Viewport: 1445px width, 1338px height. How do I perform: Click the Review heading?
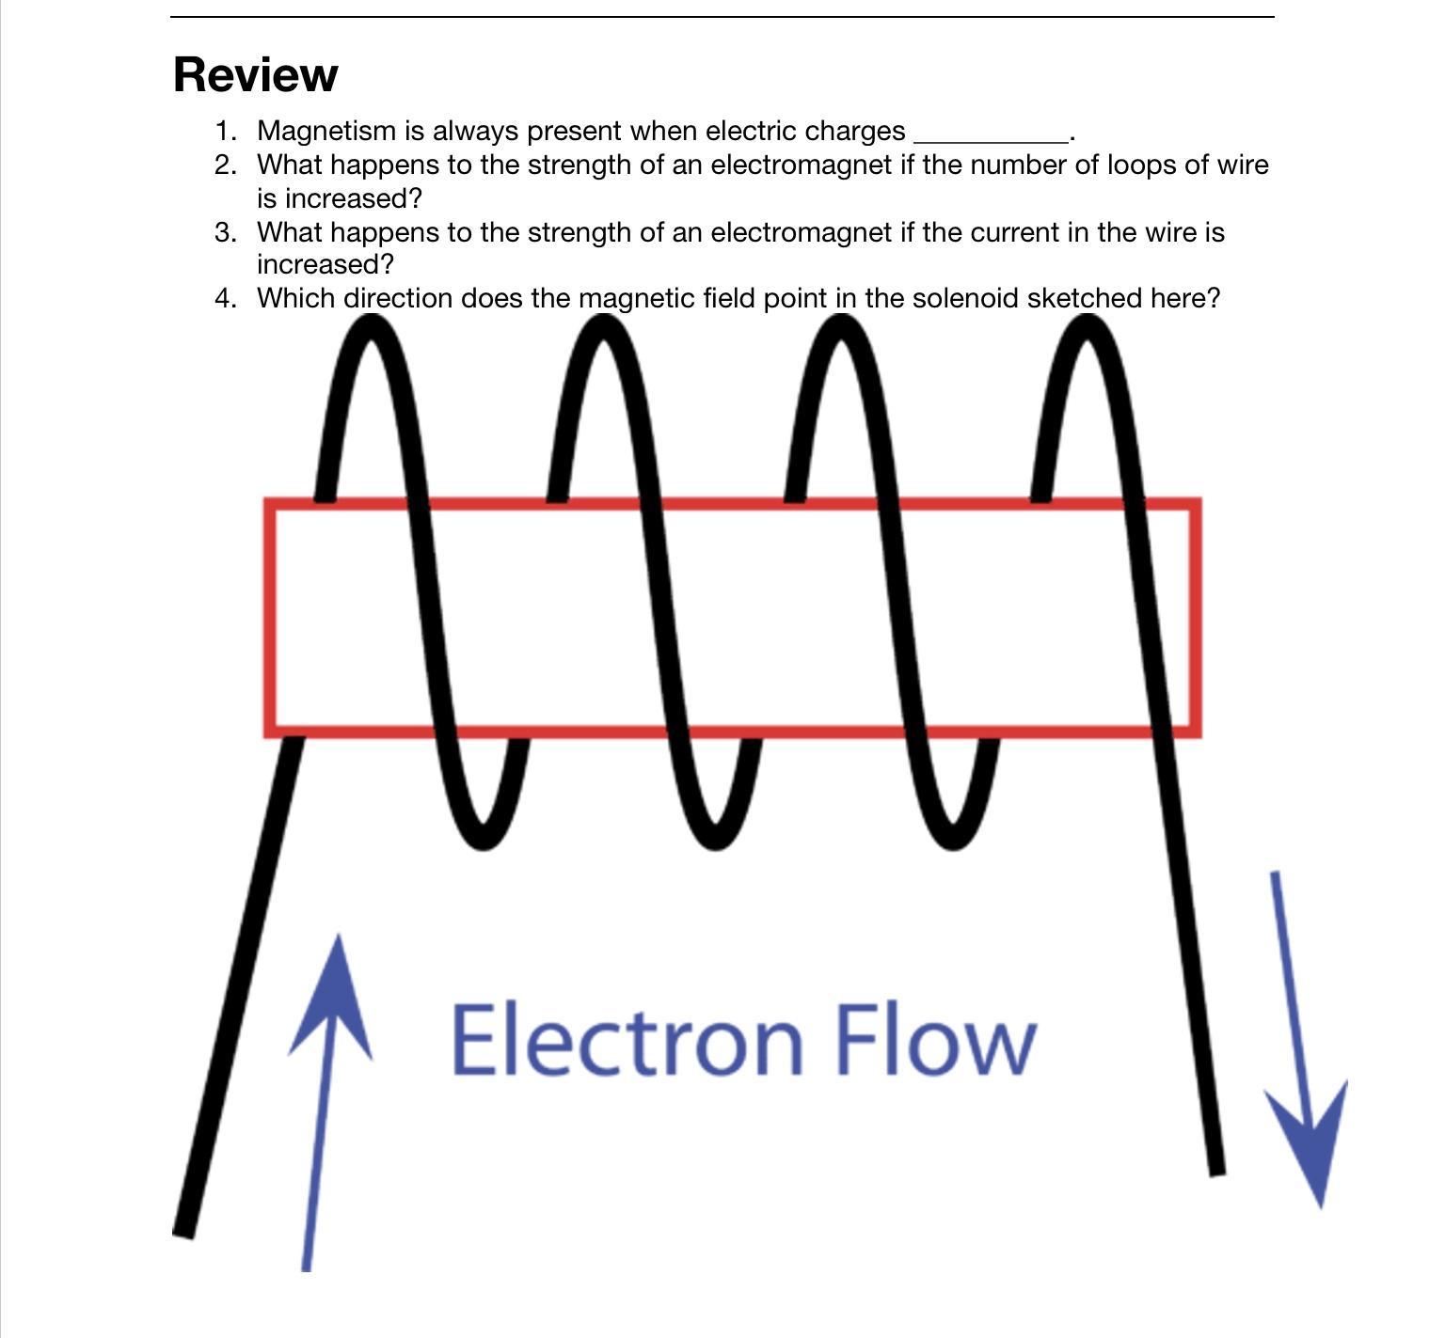[x=255, y=74]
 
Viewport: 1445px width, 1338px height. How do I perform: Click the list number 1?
[x=225, y=131]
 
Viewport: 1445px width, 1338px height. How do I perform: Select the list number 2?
[x=225, y=165]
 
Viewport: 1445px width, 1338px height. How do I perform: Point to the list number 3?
[x=225, y=231]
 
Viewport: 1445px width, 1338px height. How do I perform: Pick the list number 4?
[x=225, y=298]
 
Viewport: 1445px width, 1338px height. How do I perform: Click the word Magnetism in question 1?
[x=326, y=131]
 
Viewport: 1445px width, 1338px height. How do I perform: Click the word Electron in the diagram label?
[x=627, y=1040]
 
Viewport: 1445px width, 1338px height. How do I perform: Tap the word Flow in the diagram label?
[x=936, y=1040]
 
